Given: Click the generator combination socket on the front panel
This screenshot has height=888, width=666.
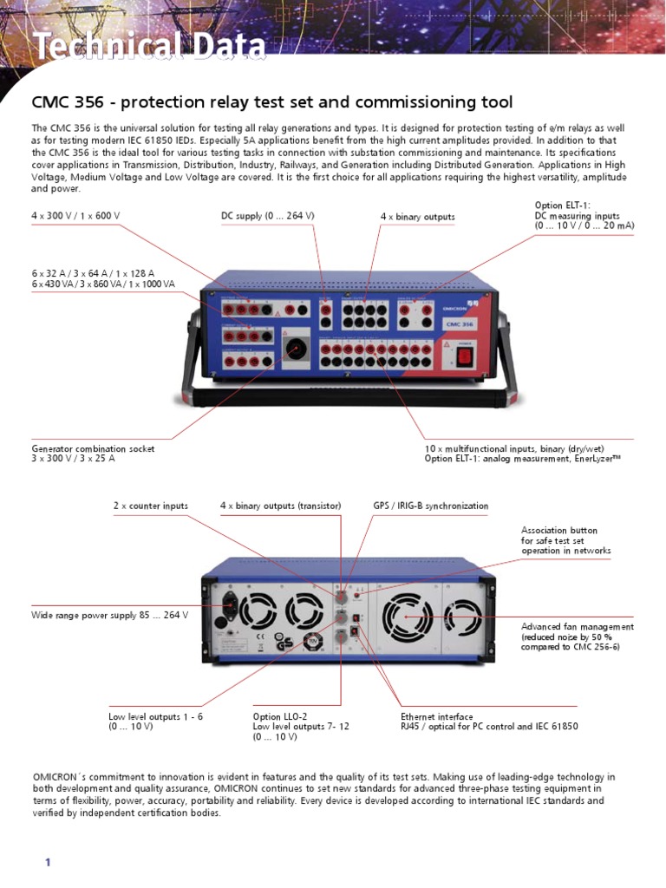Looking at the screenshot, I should pyautogui.click(x=297, y=349).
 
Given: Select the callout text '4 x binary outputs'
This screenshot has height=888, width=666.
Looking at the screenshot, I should pyautogui.click(x=417, y=216).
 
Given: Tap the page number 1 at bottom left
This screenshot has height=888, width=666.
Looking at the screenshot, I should pyautogui.click(x=49, y=862).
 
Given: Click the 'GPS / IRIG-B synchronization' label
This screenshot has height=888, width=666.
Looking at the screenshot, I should pyautogui.click(x=430, y=506).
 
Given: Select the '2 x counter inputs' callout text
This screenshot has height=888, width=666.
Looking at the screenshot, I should pyautogui.click(x=150, y=506).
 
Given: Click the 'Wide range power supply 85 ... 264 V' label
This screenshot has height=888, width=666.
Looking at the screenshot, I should pyautogui.click(x=110, y=615).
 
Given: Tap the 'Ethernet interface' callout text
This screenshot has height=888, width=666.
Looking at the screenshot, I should pyautogui.click(x=436, y=717).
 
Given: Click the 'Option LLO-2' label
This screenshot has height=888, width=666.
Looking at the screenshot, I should pyautogui.click(x=279, y=717).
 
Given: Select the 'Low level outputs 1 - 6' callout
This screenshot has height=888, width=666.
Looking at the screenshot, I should pyautogui.click(x=155, y=717).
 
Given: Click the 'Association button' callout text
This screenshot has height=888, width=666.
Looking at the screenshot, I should pyautogui.click(x=558, y=530).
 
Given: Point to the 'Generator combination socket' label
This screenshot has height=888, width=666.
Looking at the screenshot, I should pyautogui.click(x=93, y=448).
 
